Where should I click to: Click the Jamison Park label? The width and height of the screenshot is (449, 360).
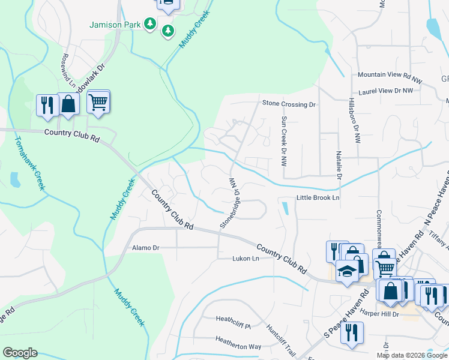(115, 25)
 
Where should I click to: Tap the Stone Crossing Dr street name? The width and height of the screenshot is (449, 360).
(289, 104)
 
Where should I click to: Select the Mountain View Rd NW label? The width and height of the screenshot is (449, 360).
(387, 76)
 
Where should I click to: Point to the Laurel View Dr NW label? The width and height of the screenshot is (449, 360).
(385, 91)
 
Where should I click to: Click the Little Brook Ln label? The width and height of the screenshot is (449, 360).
(318, 197)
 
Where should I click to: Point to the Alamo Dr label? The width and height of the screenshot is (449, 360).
(145, 247)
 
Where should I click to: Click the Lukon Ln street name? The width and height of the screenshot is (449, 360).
(246, 259)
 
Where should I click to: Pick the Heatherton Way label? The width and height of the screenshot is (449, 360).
(238, 346)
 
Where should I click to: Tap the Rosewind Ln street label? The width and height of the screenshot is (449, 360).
(65, 68)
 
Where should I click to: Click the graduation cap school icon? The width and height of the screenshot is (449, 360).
(347, 271)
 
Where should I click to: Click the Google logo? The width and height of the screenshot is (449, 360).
(20, 353)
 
